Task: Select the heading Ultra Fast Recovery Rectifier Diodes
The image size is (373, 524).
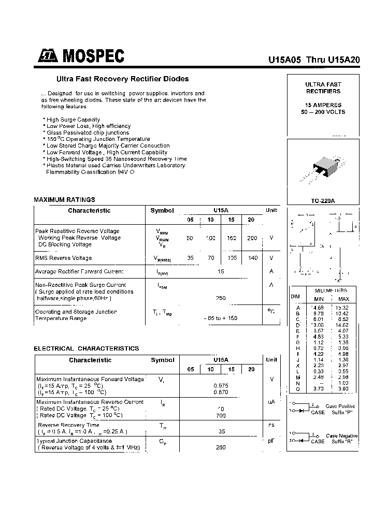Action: (x=122, y=79)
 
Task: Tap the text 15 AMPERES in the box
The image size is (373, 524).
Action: (x=323, y=105)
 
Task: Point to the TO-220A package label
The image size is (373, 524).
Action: (x=323, y=200)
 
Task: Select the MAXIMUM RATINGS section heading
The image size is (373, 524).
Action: (x=64, y=199)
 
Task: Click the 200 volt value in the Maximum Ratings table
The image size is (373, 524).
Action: (x=252, y=238)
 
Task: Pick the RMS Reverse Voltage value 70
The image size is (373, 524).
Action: (x=210, y=257)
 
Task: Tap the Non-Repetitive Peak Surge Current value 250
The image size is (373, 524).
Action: (x=221, y=298)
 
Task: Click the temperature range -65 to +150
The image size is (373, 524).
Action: (x=221, y=318)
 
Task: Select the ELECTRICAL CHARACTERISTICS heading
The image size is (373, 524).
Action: (x=86, y=348)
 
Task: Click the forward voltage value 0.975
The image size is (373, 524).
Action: (x=221, y=386)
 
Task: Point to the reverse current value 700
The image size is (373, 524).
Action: (x=221, y=416)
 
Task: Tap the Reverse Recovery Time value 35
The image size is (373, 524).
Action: (x=221, y=431)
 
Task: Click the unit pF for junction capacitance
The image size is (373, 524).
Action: (x=271, y=441)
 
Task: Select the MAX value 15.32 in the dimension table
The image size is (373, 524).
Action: (x=343, y=308)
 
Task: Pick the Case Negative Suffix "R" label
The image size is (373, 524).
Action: (x=341, y=439)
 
